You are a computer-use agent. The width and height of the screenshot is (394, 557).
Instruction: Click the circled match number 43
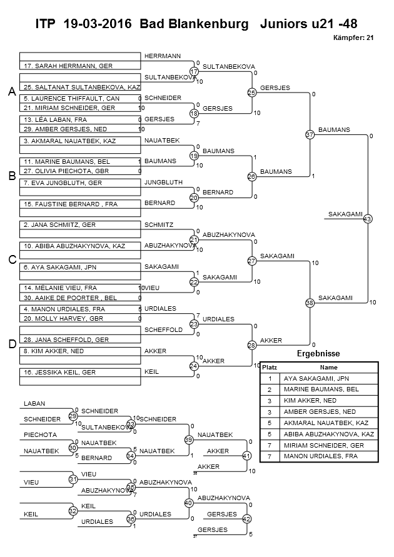367,219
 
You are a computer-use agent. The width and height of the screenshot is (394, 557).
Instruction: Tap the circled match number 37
310,134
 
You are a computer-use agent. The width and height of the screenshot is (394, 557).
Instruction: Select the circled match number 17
194,71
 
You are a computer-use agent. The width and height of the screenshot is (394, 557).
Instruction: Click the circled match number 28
252,345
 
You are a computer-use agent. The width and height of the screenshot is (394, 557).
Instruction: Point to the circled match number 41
246,455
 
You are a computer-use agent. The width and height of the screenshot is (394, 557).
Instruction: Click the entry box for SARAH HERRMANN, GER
80,66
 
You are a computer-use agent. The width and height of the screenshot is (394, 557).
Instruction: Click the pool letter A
12,92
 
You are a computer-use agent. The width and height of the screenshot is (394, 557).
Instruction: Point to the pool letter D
12,344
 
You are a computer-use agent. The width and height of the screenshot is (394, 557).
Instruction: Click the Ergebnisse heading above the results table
318,353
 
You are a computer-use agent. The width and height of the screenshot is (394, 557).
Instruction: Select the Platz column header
270,368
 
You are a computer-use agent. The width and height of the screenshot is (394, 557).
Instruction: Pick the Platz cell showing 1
270,379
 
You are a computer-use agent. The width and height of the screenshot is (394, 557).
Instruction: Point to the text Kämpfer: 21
353,38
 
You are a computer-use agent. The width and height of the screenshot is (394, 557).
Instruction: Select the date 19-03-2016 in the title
98,24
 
